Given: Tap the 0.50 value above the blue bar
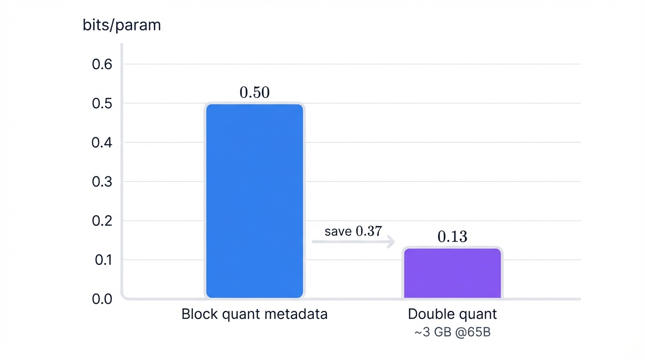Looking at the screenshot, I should [255, 92].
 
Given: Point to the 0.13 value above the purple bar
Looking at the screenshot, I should [452, 237].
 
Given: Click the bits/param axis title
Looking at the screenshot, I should [121, 25].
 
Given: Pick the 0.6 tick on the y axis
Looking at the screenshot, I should [102, 64].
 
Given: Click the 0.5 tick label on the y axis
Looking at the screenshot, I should [102, 103].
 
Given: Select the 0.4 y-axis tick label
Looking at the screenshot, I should [102, 142].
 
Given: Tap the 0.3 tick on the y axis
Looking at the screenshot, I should [102, 181].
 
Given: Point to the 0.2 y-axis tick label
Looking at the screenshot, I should [102, 221].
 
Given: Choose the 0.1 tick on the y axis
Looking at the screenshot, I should [102, 260].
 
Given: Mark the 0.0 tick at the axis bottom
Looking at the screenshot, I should [102, 299].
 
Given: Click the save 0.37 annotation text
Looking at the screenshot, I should [353, 231].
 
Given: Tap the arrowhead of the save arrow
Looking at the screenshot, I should [391, 242].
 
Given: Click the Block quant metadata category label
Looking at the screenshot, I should [255, 314].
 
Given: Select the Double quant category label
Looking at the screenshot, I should [452, 314].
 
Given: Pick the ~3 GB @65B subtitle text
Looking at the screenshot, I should [452, 332].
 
